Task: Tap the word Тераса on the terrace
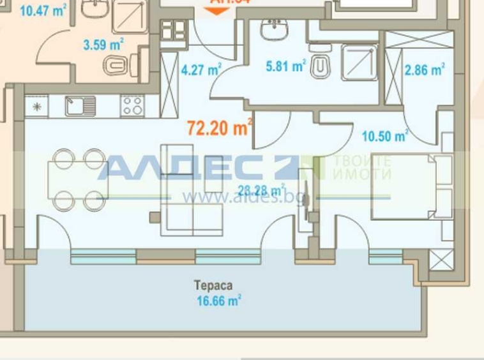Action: (213, 285)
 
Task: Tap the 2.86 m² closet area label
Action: (425, 70)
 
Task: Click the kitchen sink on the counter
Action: (80, 105)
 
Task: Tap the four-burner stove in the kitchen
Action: (132, 105)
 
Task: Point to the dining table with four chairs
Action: (79, 179)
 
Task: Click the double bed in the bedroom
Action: (412, 186)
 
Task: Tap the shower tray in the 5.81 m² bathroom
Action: (359, 62)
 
